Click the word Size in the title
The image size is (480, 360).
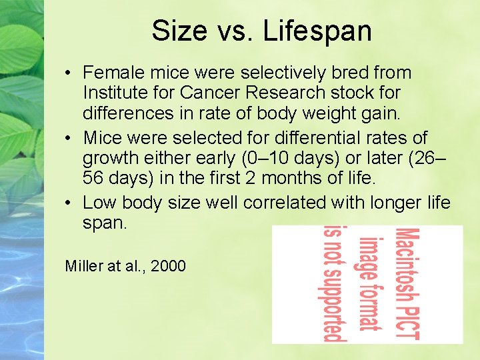[175, 31]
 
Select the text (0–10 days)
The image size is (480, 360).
[295, 159]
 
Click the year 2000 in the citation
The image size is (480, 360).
[169, 267]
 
